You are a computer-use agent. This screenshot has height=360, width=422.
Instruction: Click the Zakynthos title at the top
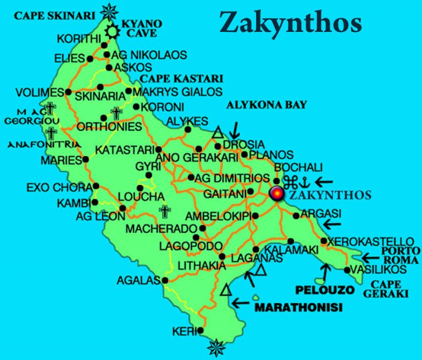[291, 23]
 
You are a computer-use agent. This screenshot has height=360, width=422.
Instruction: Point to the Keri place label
[182, 332]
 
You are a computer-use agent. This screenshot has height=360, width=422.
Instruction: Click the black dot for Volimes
[68, 92]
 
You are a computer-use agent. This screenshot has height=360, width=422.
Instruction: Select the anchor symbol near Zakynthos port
[304, 182]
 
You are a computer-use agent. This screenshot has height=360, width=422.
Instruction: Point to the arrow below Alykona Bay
[235, 130]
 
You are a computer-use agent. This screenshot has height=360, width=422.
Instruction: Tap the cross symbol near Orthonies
[116, 114]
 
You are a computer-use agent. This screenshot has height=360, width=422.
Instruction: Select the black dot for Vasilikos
[347, 270]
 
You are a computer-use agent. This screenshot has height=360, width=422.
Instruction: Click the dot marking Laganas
[223, 257]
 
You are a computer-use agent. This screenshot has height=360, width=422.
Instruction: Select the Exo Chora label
[58, 188]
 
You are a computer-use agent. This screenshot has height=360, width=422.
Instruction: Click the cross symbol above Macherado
[164, 211]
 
